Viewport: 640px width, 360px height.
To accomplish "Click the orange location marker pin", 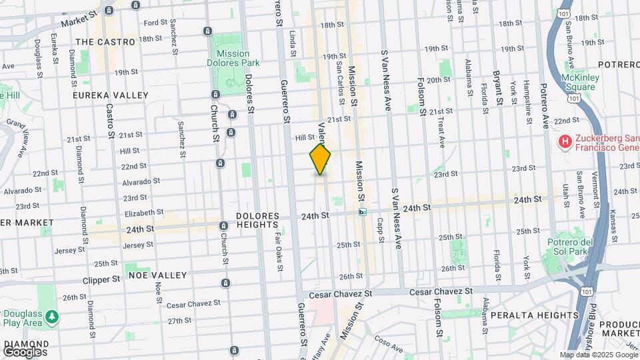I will [320, 159].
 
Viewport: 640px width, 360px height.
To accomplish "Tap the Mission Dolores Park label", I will [233, 59].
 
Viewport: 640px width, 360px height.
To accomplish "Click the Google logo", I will [23, 351].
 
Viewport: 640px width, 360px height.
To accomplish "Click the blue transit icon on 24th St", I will [362, 212].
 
